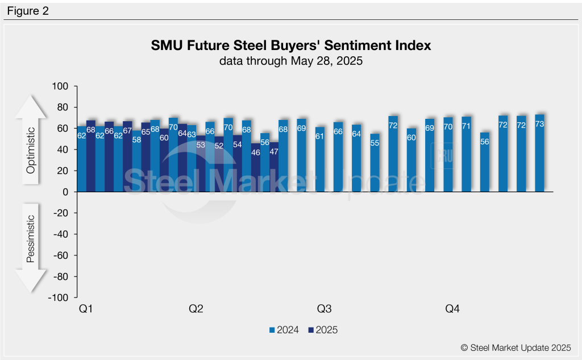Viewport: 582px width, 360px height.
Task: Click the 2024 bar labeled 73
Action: (539, 154)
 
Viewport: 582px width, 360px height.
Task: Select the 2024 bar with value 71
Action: (466, 155)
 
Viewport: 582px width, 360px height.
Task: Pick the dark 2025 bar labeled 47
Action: (273, 167)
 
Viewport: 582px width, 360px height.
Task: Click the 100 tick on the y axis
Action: (60, 86)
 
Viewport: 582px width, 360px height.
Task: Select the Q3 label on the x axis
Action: (324, 309)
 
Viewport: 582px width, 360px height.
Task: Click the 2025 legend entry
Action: (323, 330)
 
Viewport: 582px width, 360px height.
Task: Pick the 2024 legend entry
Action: (285, 330)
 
